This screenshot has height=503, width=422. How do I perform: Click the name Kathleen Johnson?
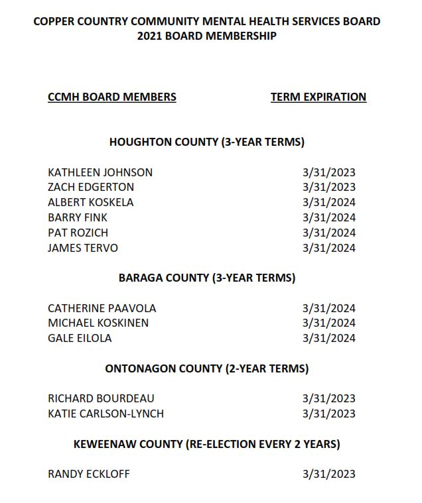coord(100,172)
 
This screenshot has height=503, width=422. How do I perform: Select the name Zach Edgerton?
coord(91,188)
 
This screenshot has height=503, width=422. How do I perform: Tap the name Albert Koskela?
coord(91,203)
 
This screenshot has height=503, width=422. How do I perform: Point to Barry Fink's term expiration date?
coord(328,218)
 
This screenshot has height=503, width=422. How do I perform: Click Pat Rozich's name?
coord(78,233)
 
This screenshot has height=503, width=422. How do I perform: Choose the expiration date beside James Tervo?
coord(328,249)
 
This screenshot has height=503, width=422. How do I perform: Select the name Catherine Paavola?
coord(102,309)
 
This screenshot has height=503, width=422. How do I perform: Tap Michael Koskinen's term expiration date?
coord(328,323)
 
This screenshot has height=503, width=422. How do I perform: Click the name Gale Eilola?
coord(80,339)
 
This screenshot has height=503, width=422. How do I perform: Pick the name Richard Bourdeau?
coord(101,399)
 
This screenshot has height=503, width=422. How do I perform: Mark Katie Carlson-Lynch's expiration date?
coord(328,414)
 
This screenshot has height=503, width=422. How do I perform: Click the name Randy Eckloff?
coord(89,475)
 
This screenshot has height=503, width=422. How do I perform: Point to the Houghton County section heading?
coord(206,142)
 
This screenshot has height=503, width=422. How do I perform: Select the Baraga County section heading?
coord(206,278)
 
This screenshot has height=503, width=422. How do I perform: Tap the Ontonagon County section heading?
coord(206,369)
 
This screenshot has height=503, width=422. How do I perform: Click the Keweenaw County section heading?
coord(206,444)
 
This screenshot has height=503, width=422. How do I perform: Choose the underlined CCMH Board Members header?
coord(112,97)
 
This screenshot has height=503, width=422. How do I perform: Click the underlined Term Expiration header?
coord(318,97)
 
